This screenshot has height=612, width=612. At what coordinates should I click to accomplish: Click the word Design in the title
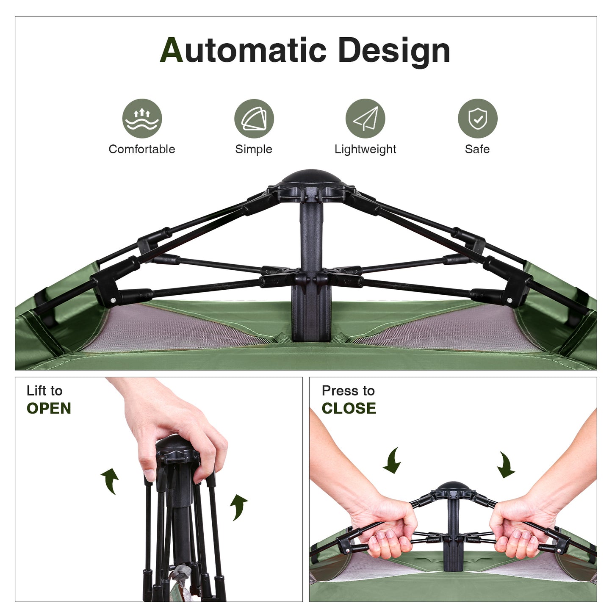394,52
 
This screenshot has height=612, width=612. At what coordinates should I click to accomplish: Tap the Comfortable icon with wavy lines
142,119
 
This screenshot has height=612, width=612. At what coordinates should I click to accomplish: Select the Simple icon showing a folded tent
254,119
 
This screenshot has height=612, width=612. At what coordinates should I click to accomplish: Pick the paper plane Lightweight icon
365,119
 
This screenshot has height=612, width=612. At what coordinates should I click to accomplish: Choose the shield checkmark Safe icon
477,119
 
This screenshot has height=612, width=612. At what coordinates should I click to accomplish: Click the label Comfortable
141,149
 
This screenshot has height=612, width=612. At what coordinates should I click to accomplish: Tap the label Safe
477,149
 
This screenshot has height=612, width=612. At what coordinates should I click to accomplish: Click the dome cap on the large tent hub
311,177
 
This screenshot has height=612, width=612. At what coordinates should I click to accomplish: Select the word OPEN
49,408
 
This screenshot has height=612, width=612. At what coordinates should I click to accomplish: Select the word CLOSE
349,408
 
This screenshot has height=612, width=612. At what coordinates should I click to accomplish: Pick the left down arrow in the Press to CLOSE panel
393,461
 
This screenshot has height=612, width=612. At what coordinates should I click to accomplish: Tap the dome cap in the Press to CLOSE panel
453,486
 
